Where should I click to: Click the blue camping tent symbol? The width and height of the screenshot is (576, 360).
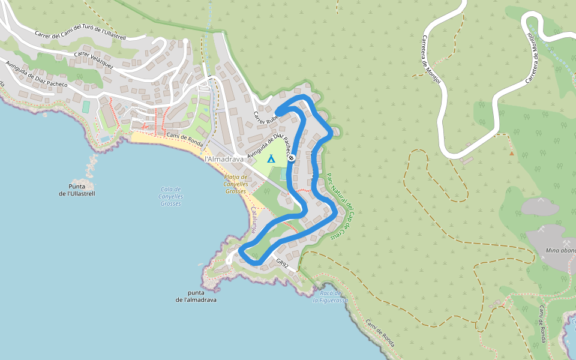click(271, 159)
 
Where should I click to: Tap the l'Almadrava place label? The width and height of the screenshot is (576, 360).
click(224, 159)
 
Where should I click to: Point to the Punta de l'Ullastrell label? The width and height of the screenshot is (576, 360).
click(77, 190)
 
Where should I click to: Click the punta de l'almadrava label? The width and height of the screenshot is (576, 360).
click(196, 296)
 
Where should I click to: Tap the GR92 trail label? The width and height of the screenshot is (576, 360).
click(283, 263)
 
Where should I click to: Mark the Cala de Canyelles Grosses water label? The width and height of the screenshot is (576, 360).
click(171, 196)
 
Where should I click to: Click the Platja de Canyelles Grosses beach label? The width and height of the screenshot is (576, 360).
click(235, 184)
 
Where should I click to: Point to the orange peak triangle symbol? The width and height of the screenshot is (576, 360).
click(511, 153)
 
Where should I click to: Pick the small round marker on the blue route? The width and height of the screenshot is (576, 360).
click(292, 158)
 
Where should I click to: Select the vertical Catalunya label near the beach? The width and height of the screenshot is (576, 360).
click(254, 220)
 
